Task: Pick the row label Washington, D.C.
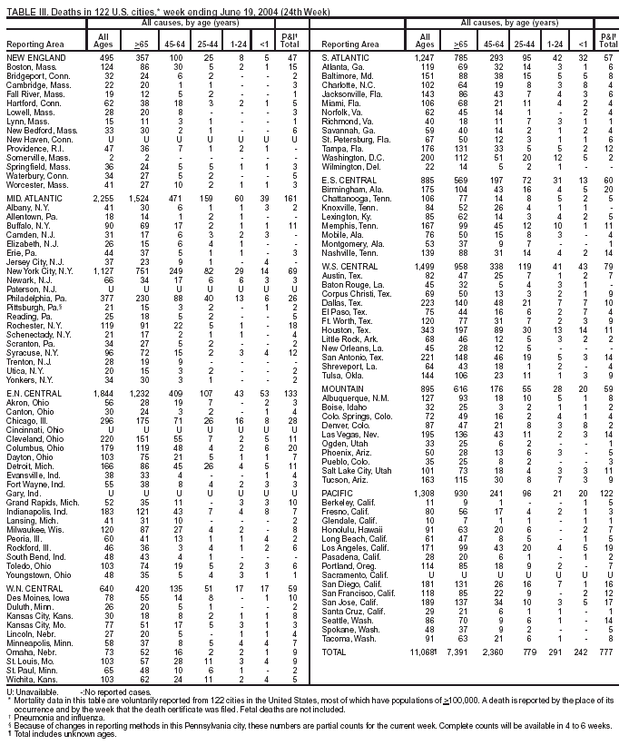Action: [x=352, y=157]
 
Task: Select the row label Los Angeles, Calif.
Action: [x=355, y=549]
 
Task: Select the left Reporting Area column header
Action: [x=35, y=43]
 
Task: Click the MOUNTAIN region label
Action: [x=342, y=387]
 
